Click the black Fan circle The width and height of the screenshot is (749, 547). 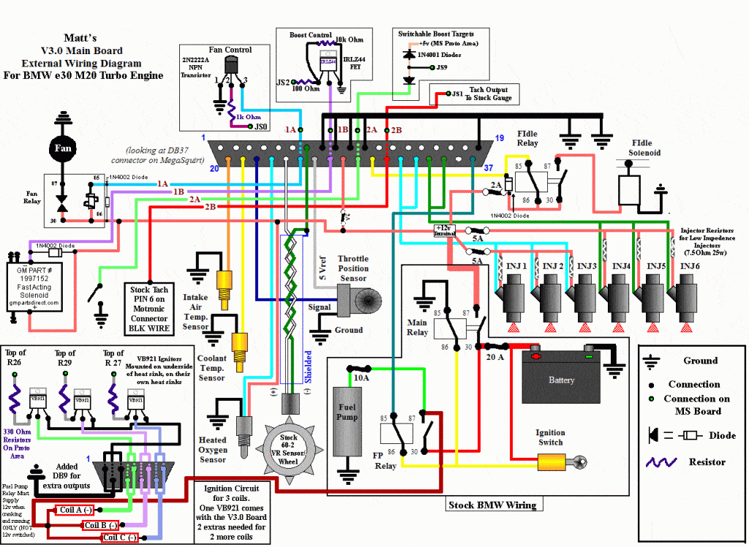click(x=61, y=148)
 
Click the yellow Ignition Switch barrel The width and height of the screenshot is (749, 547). click(x=555, y=461)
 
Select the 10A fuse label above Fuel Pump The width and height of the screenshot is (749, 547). click(x=361, y=378)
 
